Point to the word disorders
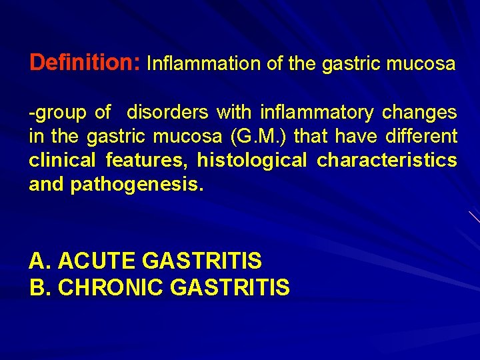(x=167, y=112)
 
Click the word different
(x=426, y=137)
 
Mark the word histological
(x=252, y=161)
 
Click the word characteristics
(x=387, y=161)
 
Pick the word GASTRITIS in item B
(x=230, y=287)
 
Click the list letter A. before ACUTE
(x=39, y=260)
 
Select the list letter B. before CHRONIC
(x=39, y=287)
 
